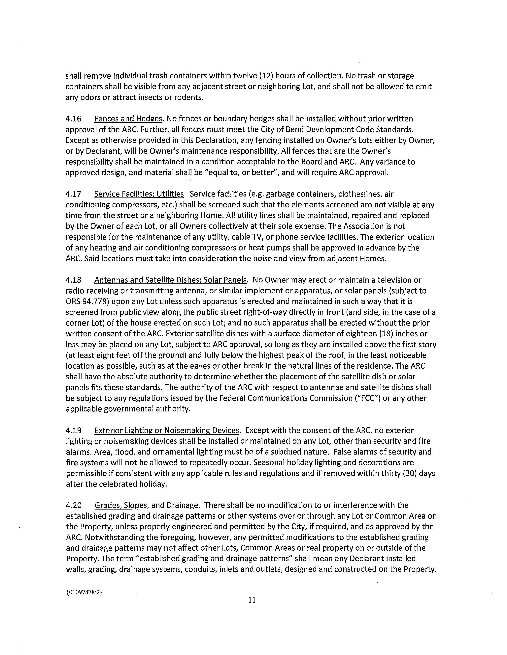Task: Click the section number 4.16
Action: [x=73, y=119]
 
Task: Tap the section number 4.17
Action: [x=73, y=194]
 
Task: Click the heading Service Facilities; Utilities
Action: [x=139, y=194]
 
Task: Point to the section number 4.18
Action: [x=73, y=280]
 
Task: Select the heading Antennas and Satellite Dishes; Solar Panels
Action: [x=171, y=280]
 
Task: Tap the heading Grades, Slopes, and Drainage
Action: [x=147, y=505]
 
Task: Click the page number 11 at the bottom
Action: [x=252, y=600]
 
